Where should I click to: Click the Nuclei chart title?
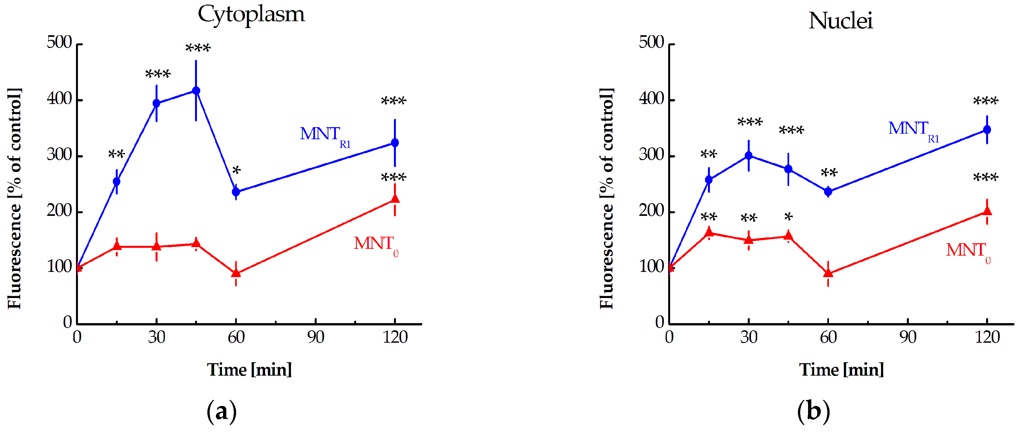pyautogui.click(x=841, y=21)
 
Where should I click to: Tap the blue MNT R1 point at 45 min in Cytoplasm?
pyautogui.click(x=196, y=91)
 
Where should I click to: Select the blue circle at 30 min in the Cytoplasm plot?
pyautogui.click(x=157, y=103)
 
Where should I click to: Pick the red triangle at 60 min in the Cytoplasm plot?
pyautogui.click(x=236, y=273)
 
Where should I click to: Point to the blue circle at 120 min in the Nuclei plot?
pyautogui.click(x=987, y=129)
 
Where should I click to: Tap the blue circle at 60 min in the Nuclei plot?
pyautogui.click(x=828, y=192)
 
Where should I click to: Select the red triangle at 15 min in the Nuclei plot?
pyautogui.click(x=709, y=232)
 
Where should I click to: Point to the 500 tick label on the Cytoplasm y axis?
pyautogui.click(x=59, y=42)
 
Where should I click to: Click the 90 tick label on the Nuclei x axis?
pyautogui.click(x=907, y=337)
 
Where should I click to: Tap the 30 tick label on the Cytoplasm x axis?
pyautogui.click(x=157, y=337)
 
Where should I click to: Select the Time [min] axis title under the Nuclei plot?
pyautogui.click(x=841, y=370)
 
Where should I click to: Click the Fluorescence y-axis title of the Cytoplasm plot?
pyautogui.click(x=14, y=198)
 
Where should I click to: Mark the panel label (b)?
pyautogui.click(x=813, y=411)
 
